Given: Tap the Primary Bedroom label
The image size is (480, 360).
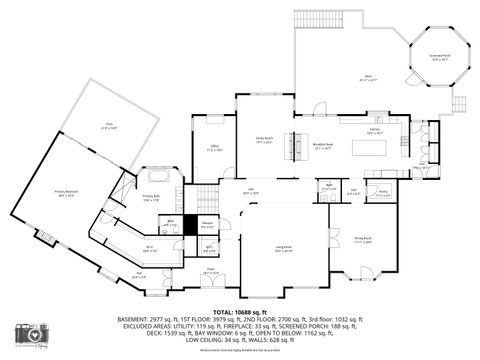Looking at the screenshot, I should [67, 196].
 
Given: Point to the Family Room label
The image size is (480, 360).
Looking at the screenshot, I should [265, 141].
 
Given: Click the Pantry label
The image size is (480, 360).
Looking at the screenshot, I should [382, 193].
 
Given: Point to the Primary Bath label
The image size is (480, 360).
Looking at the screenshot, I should [151, 198].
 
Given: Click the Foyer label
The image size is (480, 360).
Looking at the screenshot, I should [211, 269].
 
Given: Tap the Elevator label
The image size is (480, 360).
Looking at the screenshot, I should [208, 223].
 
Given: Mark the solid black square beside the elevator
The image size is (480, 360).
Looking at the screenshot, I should [190, 225].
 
